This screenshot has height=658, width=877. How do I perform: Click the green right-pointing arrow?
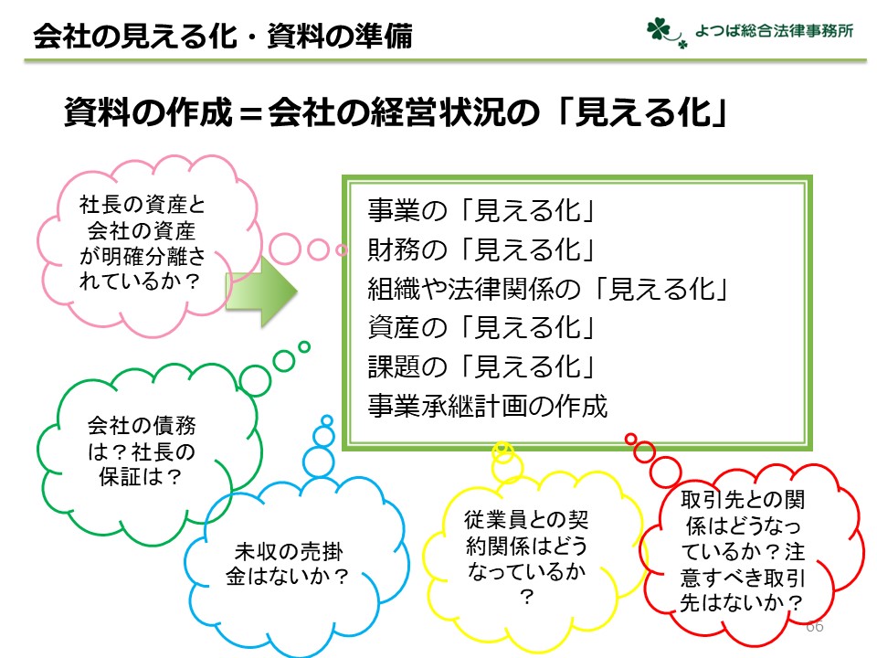point(262,291)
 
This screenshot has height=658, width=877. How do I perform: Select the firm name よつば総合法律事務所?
point(774,31)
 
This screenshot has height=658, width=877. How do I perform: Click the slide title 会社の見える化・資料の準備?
point(223,37)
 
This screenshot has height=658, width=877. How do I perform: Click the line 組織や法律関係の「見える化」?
point(547,289)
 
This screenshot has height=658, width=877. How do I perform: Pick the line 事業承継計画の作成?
point(487,406)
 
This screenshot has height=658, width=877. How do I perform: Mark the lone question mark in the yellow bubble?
point(526,597)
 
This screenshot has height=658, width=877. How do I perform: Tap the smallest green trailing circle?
point(303,347)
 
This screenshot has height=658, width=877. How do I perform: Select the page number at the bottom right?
point(814,626)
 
